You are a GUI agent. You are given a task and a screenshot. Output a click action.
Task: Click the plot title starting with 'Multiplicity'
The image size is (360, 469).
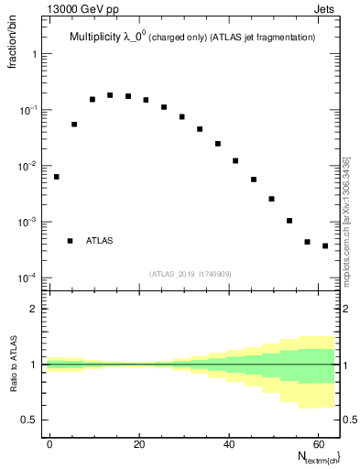192,38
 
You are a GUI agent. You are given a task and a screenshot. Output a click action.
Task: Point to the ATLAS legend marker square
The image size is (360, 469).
70,241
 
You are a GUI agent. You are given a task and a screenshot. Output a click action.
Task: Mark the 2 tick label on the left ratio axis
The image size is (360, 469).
33,309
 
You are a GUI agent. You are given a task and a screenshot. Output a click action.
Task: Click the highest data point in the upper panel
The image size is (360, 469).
110,95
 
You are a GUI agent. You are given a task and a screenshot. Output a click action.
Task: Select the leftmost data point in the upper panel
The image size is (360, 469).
56,177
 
